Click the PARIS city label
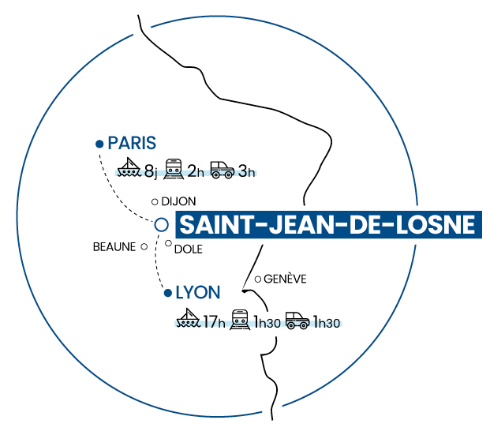[x=132, y=143]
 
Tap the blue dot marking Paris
[x=99, y=144]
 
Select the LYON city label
[x=197, y=292]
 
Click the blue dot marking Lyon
[x=167, y=294]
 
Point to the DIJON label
[x=178, y=201]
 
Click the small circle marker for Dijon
[x=155, y=201]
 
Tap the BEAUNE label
[x=114, y=247]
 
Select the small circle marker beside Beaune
[x=144, y=246]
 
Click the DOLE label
[x=189, y=249]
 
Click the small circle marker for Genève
[x=258, y=279]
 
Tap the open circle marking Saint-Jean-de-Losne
[x=162, y=224]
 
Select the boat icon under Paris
[x=129, y=167]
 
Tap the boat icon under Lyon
[x=189, y=320]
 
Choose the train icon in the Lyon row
[x=239, y=320]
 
